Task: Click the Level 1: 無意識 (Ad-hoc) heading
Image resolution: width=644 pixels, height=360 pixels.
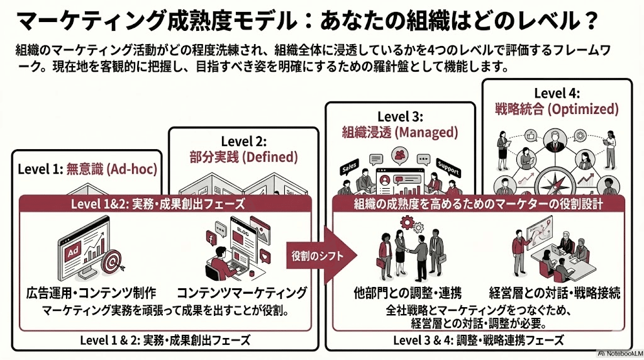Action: (x=87, y=169)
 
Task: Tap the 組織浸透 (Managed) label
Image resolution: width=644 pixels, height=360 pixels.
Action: (x=399, y=133)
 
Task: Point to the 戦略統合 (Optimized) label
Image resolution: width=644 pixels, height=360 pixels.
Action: (x=557, y=109)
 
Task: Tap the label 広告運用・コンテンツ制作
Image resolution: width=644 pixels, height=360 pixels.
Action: (x=91, y=292)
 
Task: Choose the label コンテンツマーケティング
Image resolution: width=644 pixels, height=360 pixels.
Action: (x=241, y=292)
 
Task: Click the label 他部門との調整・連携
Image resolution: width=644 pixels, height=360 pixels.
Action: (x=407, y=292)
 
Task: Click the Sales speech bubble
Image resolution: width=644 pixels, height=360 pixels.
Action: (x=348, y=169)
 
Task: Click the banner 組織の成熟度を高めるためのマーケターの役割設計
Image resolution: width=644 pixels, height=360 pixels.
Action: (x=478, y=204)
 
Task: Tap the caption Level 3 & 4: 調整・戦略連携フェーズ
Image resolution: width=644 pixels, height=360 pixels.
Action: (x=478, y=340)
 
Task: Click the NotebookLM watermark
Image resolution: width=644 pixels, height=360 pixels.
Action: (x=618, y=352)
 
